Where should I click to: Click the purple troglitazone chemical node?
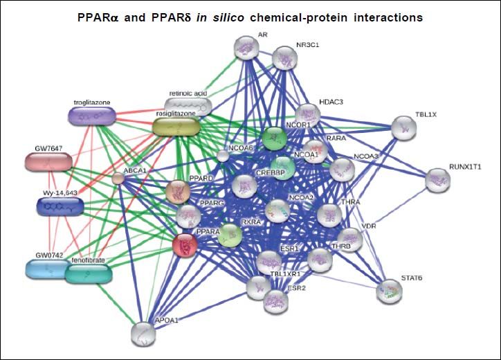pos(93,116)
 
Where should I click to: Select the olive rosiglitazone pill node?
pos(176,126)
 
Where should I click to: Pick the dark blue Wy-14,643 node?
pos(60,206)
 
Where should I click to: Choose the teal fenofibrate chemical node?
pos(88,273)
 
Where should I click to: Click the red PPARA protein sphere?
pos(185,244)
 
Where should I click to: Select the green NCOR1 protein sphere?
pos(274,138)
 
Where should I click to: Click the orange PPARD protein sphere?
pos(178,190)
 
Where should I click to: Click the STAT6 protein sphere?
pos(389,292)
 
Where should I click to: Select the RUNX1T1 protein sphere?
pos(437,180)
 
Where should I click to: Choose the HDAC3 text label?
pos(330,102)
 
